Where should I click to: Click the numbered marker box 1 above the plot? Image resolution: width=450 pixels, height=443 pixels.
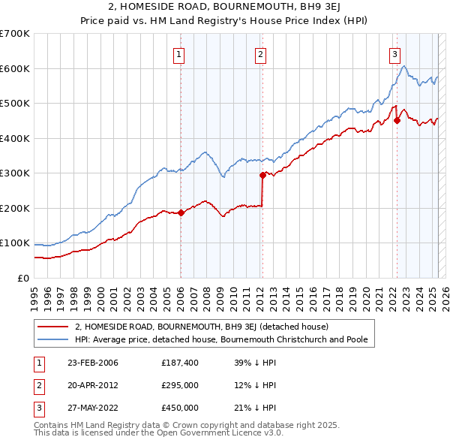coord(180,53)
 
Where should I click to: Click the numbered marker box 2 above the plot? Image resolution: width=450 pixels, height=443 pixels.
coord(259,53)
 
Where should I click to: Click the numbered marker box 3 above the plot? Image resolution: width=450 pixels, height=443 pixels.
coord(394,53)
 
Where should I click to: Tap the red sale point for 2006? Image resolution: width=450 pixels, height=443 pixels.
coord(181,212)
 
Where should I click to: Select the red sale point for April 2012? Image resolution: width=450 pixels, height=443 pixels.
coord(262,175)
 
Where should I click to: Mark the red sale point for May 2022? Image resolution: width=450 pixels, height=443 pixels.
coord(397,121)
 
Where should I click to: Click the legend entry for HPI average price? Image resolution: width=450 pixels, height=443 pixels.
coord(220,339)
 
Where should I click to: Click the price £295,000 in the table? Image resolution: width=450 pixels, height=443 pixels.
coord(180,385)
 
